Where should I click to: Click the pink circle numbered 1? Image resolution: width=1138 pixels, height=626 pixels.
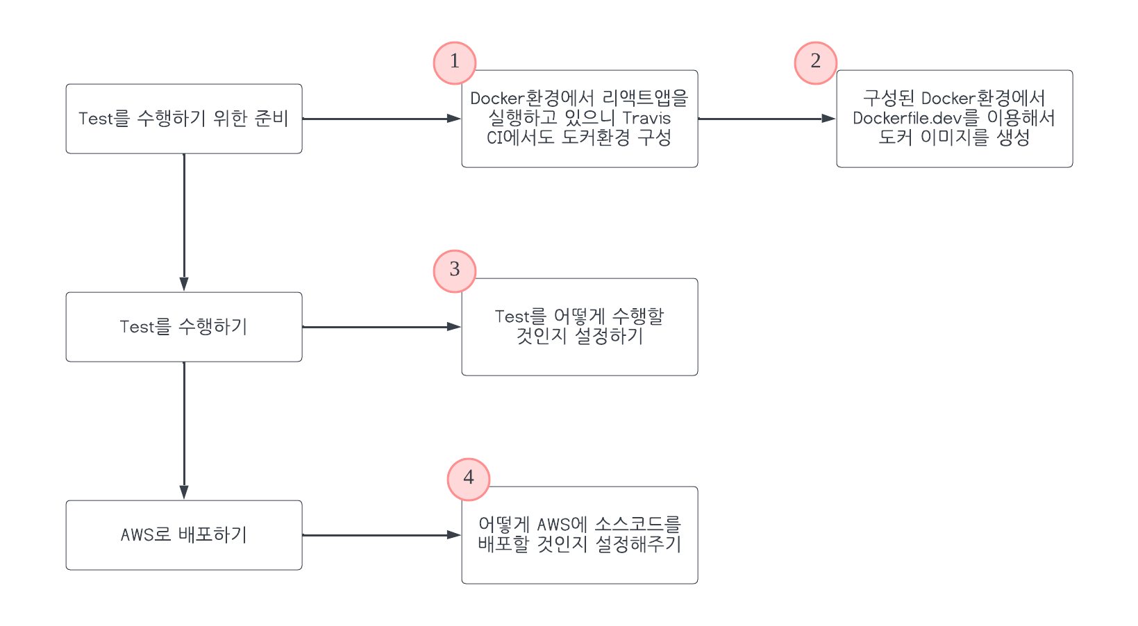pos(455,62)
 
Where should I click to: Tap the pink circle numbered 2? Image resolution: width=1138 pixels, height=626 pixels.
pos(816,62)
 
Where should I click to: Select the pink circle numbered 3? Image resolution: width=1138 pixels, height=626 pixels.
pos(455,271)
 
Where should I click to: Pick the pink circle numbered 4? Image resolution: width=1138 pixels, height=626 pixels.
pos(469,479)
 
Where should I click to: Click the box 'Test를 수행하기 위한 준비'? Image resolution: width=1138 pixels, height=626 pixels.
pos(184,119)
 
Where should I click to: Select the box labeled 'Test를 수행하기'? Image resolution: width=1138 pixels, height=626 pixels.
pos(184,327)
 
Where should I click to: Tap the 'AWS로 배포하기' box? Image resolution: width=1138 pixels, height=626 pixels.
pos(184,535)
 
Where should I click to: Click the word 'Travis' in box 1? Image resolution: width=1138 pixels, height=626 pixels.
pos(646,118)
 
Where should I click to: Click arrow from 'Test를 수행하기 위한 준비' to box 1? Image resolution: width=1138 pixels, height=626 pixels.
pos(382,119)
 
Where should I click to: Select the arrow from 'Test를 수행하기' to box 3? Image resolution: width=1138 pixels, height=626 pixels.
pos(382,327)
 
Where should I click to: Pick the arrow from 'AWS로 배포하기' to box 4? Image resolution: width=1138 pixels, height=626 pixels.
pos(382,535)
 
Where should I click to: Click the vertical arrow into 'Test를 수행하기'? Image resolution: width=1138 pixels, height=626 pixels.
pos(184,222)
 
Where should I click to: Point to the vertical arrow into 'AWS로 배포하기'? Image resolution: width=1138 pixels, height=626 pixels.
pos(184,430)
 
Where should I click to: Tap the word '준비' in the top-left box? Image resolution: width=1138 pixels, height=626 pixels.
pos(271,119)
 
